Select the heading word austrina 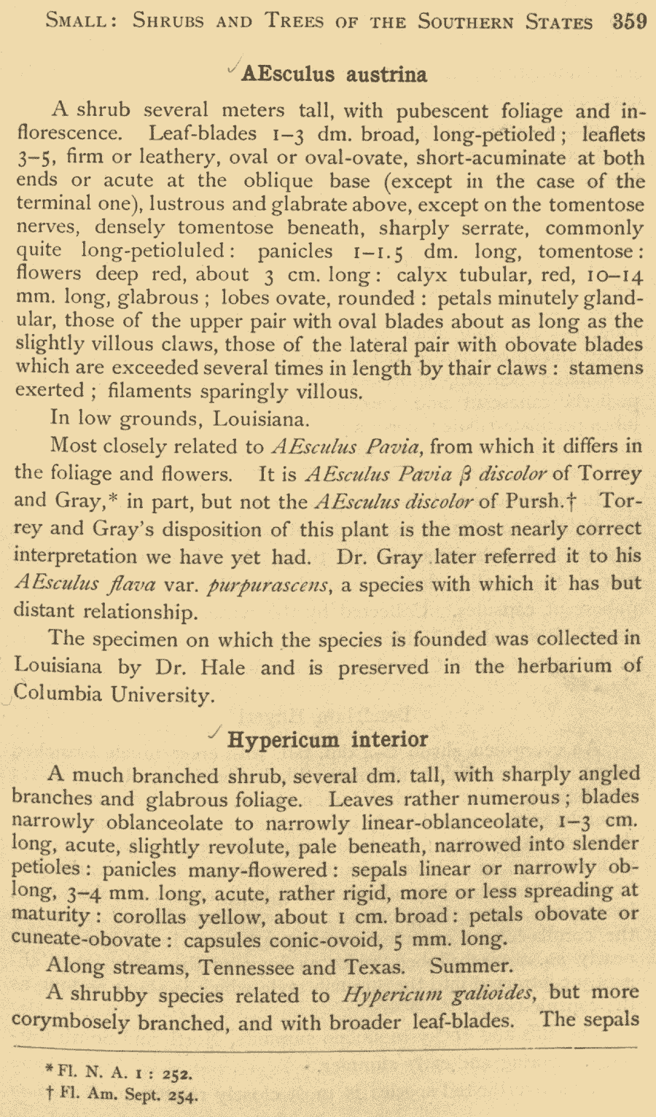tap(386, 74)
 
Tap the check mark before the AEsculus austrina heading tap(233, 68)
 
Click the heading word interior tap(389, 739)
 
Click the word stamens tap(606, 367)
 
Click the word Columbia tap(58, 693)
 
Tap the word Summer tap(471, 967)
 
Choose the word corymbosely tap(71, 1021)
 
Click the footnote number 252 tap(177, 1073)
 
